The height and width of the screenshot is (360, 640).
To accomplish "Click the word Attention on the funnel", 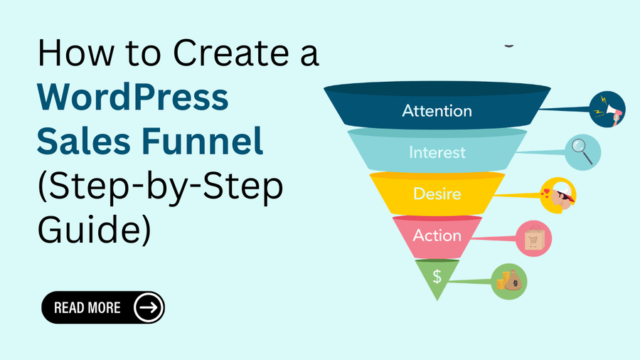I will [437, 111].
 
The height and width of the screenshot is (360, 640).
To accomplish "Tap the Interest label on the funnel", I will [437, 152].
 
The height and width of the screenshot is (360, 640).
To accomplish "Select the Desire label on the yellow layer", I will [437, 194].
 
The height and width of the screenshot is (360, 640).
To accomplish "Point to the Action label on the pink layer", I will [437, 235].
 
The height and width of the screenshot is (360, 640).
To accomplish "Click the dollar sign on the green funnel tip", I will [437, 276].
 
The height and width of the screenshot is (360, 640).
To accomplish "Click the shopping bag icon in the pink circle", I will [534, 239].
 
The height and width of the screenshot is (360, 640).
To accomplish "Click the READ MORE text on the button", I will [87, 308].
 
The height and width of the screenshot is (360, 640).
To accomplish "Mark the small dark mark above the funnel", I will [509, 45].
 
